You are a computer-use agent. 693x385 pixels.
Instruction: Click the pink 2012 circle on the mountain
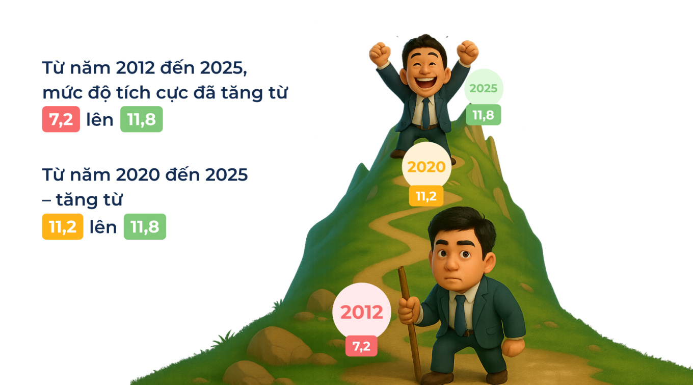[x=361, y=312]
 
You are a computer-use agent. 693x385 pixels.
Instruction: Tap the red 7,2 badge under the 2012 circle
[x=361, y=346]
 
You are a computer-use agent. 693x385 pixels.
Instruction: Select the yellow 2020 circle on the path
[x=426, y=167]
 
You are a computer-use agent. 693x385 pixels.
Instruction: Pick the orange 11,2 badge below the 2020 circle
[x=426, y=196]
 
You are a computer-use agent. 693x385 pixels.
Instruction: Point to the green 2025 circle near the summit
[x=483, y=88]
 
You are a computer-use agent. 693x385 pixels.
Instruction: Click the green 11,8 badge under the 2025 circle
[x=483, y=115]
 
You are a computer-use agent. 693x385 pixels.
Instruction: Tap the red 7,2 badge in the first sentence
[x=61, y=120]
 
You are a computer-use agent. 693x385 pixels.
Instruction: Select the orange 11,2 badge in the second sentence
[x=62, y=227]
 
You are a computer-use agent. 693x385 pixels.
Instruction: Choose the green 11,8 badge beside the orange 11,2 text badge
[x=145, y=227]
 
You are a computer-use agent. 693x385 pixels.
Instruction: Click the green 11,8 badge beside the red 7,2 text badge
[x=141, y=120]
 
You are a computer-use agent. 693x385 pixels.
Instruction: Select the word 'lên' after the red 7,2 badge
[x=100, y=120]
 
